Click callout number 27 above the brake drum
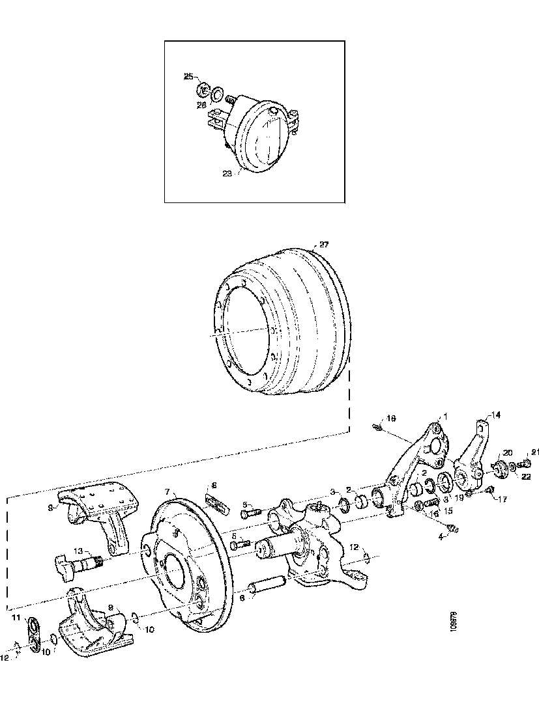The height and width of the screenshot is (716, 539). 324,245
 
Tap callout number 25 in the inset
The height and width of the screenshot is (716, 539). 188,77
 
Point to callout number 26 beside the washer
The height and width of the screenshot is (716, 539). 201,103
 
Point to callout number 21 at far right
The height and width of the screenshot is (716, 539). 536,452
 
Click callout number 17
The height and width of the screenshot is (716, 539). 502,499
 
